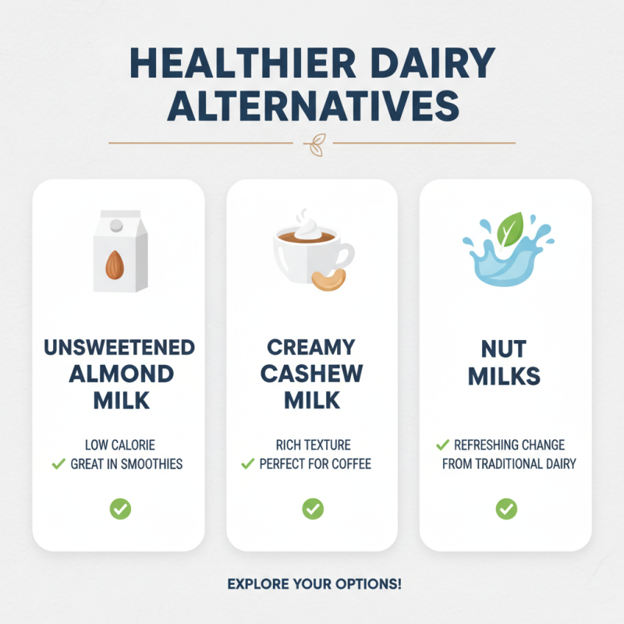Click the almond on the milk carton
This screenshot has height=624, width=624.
pyautogui.click(x=115, y=264)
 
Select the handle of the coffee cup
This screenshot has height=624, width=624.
pyautogui.click(x=344, y=255)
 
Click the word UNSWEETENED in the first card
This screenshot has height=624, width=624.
pyautogui.click(x=119, y=346)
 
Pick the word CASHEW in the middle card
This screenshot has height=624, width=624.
pyautogui.click(x=312, y=373)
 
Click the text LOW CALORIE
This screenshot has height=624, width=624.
pyautogui.click(x=119, y=445)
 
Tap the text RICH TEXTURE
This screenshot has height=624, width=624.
pyautogui.click(x=313, y=445)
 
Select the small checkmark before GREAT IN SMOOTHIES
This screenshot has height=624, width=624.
pyautogui.click(x=58, y=464)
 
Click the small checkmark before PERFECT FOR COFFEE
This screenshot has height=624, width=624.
pyautogui.click(x=248, y=464)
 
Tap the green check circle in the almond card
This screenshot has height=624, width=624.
pyautogui.click(x=119, y=509)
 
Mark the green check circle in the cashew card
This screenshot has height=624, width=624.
pyautogui.click(x=312, y=509)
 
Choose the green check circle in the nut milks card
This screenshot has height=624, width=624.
pyautogui.click(x=505, y=509)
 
